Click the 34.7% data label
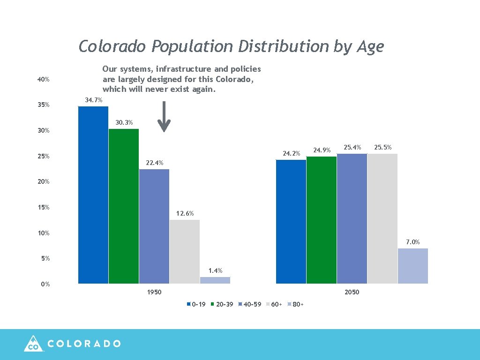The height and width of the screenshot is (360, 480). [93, 100]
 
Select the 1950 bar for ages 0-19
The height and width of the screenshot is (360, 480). [93, 195]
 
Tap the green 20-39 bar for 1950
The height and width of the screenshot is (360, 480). [124, 206]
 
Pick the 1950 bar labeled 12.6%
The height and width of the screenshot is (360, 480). [185, 252]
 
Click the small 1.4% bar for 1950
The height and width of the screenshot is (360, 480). [215, 280]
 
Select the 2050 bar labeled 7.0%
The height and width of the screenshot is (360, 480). [413, 266]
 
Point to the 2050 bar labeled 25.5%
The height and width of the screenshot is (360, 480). [382, 218]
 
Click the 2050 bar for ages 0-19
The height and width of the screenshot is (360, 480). [291, 222]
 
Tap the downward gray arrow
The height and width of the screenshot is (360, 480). [164, 117]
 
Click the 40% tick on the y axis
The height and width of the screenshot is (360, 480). [44, 80]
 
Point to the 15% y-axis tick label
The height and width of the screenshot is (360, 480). [44, 208]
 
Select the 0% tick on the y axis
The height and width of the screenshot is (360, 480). [45, 285]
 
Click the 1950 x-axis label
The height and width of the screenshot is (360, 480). [154, 292]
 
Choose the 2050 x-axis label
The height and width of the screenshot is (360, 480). [352, 292]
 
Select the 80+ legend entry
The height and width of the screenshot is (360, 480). [295, 305]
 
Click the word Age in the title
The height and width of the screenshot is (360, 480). [370, 47]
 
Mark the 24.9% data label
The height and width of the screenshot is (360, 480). [322, 150]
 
